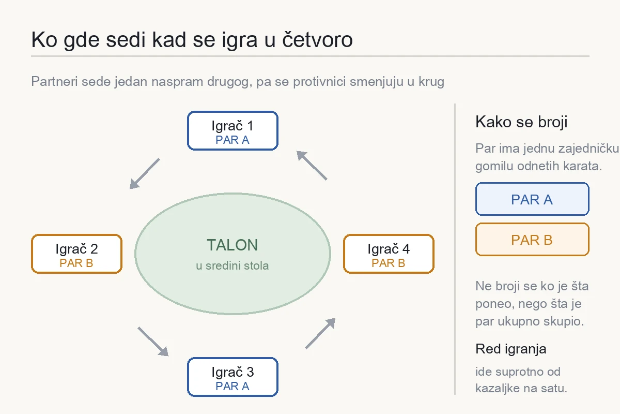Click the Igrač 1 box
[233, 130]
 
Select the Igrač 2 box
[76, 254]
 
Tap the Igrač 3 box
[233, 377]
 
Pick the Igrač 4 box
[389, 254]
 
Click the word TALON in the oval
[232, 245]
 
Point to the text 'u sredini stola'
[232, 265]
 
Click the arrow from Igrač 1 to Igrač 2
[145, 173]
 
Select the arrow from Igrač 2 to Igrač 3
[153, 342]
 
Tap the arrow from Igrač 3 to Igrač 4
[320, 333]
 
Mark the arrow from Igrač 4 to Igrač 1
[312, 165]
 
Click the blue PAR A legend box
[532, 199]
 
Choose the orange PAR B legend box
[532, 239]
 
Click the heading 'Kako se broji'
[521, 122]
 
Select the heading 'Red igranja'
[510, 349]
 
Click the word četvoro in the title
[317, 39]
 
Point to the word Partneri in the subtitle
[54, 82]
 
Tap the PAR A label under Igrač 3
[233, 386]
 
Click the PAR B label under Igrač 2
[76, 263]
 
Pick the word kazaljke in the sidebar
[498, 388]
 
